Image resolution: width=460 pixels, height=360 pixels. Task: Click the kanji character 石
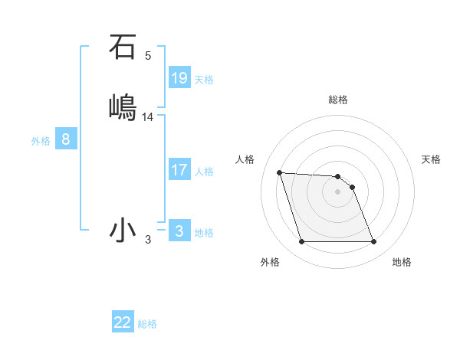point(122,47)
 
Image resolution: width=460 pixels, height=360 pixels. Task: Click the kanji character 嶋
point(123,106)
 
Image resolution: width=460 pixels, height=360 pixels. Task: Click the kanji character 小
point(123,230)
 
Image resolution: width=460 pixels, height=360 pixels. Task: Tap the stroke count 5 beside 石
point(148,56)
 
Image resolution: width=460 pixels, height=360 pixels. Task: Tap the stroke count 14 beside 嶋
point(148,117)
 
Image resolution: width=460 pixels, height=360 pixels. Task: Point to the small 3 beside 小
point(148,240)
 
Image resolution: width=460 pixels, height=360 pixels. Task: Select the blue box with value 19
point(179,77)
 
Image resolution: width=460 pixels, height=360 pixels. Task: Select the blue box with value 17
point(179,170)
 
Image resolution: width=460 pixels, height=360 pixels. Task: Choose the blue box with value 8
point(66,139)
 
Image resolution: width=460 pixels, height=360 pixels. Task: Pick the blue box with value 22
point(123,322)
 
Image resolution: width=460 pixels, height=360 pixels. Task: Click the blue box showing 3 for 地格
point(179,231)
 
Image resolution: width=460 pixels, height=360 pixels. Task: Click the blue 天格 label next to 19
point(204,79)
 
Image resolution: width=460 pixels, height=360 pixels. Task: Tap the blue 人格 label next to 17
point(204,172)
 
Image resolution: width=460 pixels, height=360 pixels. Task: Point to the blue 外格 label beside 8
point(41,141)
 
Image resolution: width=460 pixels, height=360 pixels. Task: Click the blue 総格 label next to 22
point(147,324)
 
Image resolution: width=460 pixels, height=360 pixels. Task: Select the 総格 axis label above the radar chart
point(338,100)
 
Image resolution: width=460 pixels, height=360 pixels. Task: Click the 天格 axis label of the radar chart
point(431,159)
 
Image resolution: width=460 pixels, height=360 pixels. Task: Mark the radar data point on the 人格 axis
point(280,172)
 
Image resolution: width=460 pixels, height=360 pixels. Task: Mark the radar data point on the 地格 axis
point(373,242)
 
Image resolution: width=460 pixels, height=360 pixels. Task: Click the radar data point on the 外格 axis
point(301,242)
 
